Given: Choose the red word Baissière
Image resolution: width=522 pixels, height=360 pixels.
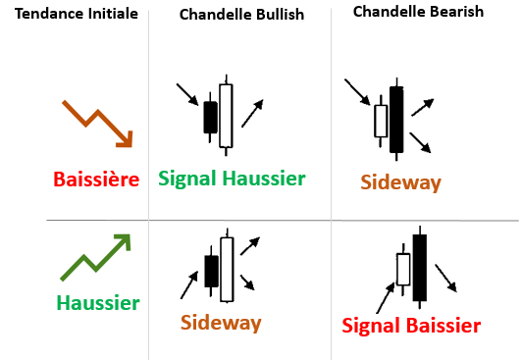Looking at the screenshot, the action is pyautogui.click(x=96, y=180).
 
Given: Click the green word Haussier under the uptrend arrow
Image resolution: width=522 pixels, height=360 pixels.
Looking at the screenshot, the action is pyautogui.click(x=98, y=303).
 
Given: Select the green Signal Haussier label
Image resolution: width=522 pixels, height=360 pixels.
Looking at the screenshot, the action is pyautogui.click(x=233, y=179).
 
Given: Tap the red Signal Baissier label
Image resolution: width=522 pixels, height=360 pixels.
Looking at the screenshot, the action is pyautogui.click(x=411, y=326).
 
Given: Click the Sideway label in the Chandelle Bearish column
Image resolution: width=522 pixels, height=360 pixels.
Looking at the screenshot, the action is pyautogui.click(x=400, y=182).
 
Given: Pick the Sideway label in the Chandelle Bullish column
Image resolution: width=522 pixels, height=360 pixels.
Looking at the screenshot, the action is pyautogui.click(x=221, y=323).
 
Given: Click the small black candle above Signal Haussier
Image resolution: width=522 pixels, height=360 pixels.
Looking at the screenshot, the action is pyautogui.click(x=210, y=117).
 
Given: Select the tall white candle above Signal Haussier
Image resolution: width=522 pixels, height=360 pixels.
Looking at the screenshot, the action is pyautogui.click(x=227, y=115).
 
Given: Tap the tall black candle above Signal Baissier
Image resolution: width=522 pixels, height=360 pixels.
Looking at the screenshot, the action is pyautogui.click(x=420, y=267).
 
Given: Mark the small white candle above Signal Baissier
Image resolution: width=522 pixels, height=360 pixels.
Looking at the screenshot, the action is pyautogui.click(x=402, y=269).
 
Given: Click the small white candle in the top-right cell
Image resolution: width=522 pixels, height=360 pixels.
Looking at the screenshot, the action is pyautogui.click(x=381, y=121).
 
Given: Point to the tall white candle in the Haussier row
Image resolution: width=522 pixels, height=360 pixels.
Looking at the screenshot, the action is pyautogui.click(x=227, y=269).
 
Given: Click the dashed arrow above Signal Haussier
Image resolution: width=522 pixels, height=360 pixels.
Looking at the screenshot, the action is pyautogui.click(x=252, y=114).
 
